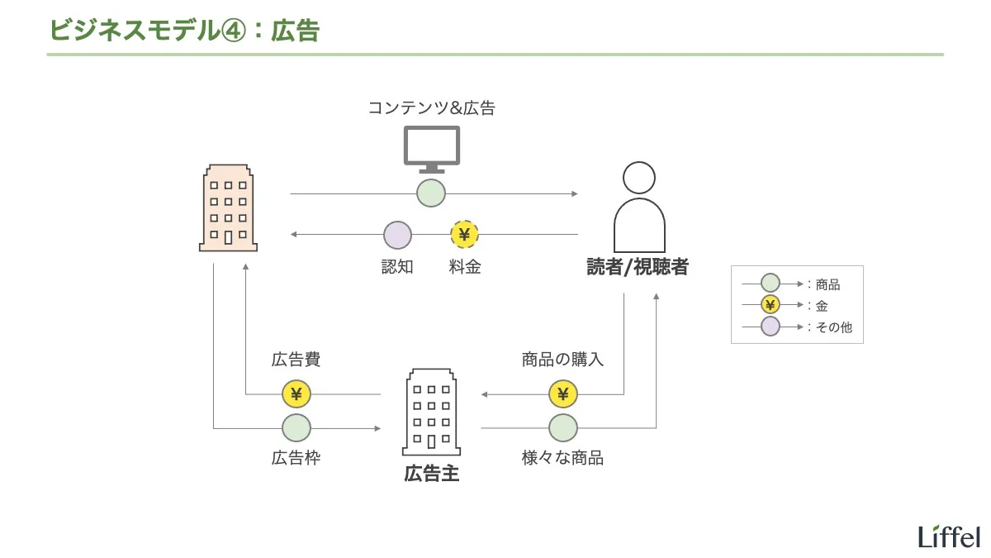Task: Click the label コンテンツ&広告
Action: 431,108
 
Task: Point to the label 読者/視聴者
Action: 638,267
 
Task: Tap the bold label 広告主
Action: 431,474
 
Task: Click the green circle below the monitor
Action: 431,193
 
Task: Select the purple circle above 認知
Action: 397,235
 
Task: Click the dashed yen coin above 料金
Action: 464,235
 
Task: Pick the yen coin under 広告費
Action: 296,394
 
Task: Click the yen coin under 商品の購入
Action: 563,394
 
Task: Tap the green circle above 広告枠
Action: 296,427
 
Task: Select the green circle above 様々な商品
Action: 563,427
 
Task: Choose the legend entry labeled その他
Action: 833,327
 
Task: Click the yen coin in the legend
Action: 770,305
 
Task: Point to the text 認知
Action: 397,267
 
